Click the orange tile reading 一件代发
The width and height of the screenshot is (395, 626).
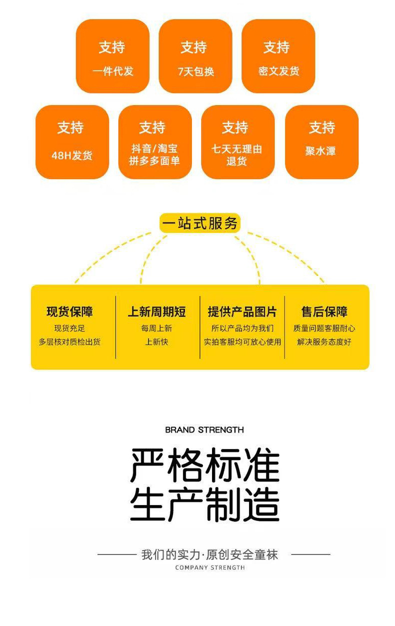(112, 56)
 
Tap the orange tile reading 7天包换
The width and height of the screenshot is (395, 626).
(195, 56)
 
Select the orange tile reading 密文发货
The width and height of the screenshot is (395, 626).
(278, 56)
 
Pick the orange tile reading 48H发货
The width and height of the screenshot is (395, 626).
(72, 142)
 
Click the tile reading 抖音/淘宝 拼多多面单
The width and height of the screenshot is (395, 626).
(154, 142)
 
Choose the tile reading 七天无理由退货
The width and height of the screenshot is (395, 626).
(237, 142)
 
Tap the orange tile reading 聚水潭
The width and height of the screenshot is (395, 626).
(321, 142)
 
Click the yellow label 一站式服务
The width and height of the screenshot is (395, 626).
(200, 223)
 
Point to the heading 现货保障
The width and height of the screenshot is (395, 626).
(69, 312)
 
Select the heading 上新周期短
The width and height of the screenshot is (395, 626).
(156, 312)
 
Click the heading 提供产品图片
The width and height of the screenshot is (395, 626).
(242, 312)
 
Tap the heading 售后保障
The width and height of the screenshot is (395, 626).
(324, 312)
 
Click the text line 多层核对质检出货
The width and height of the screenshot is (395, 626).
(69, 342)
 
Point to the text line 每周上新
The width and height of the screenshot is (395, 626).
(156, 328)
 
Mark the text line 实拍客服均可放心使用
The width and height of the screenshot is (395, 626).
(242, 342)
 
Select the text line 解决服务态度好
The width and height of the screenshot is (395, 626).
(324, 342)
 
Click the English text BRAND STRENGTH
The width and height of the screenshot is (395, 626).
(204, 429)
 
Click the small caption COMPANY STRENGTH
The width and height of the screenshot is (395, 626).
(210, 567)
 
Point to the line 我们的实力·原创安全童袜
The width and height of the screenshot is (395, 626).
(209, 554)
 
